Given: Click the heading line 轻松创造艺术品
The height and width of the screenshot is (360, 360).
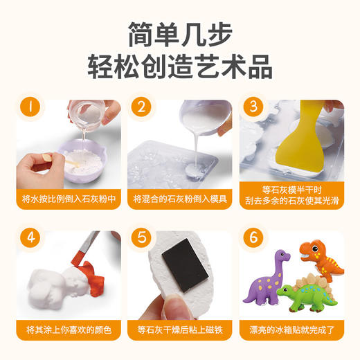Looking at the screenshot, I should click(x=180, y=67).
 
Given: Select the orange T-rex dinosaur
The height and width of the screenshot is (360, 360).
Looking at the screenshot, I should click(x=321, y=260).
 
